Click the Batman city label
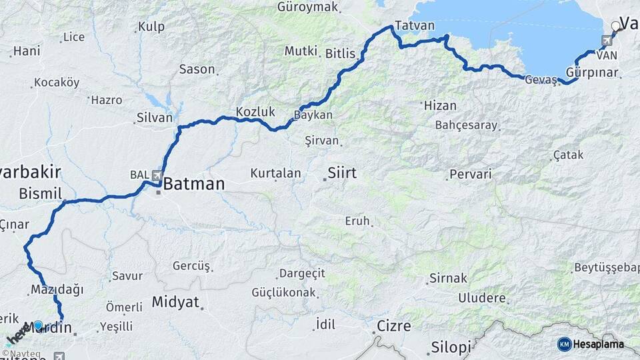pyautogui.click(x=193, y=183)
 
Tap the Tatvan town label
pyautogui.click(x=414, y=26)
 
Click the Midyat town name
pyautogui.click(x=175, y=302)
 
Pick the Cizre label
pyautogui.click(x=394, y=326)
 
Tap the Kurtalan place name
pyautogui.click(x=275, y=173)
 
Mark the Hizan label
pyautogui.click(x=440, y=105)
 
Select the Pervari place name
pyautogui.click(x=471, y=175)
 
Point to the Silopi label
pyautogui.click(x=451, y=347)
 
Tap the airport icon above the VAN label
pyautogui.click(x=605, y=41)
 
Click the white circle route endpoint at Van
pyautogui.click(x=615, y=27)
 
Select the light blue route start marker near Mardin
pyautogui.click(x=38, y=326)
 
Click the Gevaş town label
pyautogui.click(x=541, y=79)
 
